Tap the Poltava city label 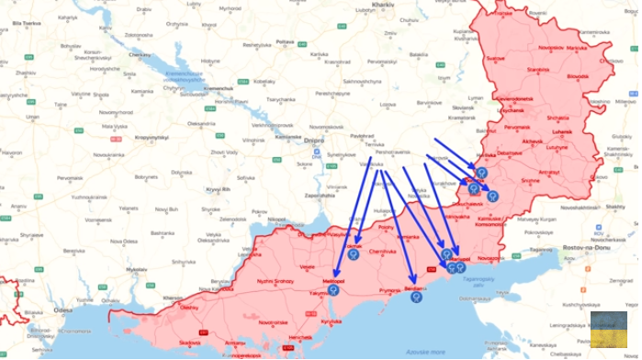point(285,41)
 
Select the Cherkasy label point(141,54)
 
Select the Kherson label point(172,298)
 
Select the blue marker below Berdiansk point(415,296)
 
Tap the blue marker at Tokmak point(353,242)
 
